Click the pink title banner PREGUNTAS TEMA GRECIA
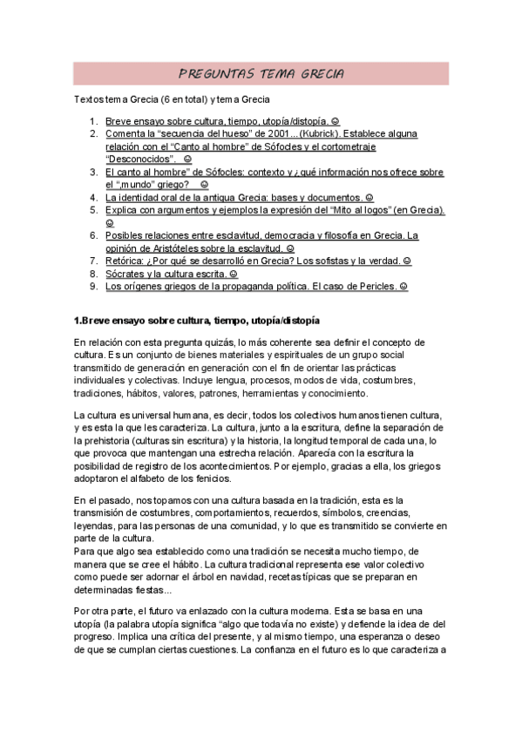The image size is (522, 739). pos(261,73)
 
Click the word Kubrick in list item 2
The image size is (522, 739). pos(322,134)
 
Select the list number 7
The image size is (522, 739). pos(93,260)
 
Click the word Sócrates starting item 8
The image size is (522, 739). pos(125,273)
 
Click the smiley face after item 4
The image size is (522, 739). pos(369,197)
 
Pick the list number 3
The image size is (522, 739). pos(93,172)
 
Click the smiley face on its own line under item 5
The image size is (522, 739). pos(110,222)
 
